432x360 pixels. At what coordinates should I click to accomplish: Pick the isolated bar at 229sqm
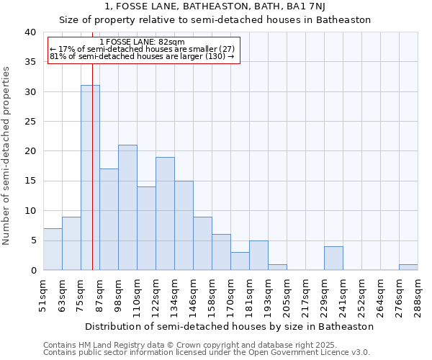tap(333, 258)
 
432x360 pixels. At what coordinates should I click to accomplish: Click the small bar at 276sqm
tap(408, 267)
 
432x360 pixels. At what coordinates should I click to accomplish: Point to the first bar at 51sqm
tap(53, 249)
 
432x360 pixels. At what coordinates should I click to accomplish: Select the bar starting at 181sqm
tap(258, 256)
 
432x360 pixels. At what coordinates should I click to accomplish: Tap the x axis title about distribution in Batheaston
tap(230, 326)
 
